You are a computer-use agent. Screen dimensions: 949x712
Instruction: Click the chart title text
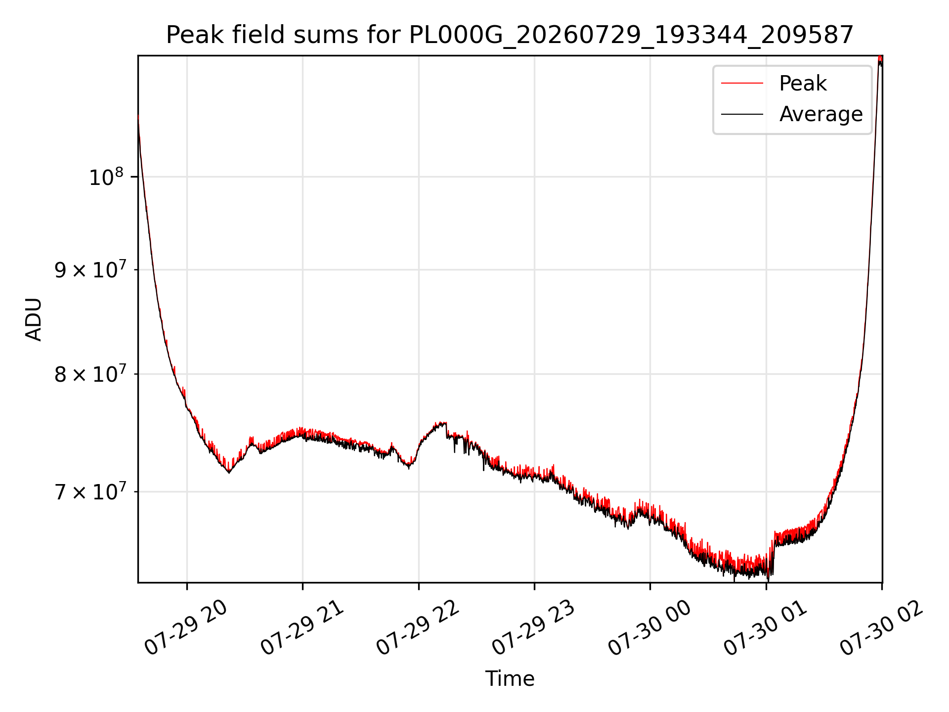(x=510, y=35)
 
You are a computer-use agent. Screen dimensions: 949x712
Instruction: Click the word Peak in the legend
(x=803, y=83)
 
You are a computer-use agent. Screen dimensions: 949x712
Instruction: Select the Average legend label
(x=821, y=114)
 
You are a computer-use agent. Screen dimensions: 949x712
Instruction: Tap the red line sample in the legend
(x=742, y=83)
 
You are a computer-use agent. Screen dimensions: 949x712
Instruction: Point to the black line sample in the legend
(x=742, y=114)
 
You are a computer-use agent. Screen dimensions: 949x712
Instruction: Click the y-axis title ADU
(x=34, y=319)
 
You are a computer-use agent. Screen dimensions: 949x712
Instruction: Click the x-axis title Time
(x=510, y=678)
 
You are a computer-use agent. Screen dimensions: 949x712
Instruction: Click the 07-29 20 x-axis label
(x=186, y=628)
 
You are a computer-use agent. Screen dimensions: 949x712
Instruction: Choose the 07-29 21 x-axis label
(x=302, y=628)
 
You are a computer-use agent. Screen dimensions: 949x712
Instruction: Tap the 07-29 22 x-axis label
(x=418, y=628)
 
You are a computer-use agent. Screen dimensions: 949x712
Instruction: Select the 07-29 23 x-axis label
(x=534, y=628)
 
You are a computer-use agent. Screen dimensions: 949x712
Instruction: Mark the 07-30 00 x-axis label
(x=649, y=628)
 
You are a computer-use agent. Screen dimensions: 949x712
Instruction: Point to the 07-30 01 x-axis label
(x=766, y=628)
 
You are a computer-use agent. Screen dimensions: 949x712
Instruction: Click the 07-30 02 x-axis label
(x=882, y=628)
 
